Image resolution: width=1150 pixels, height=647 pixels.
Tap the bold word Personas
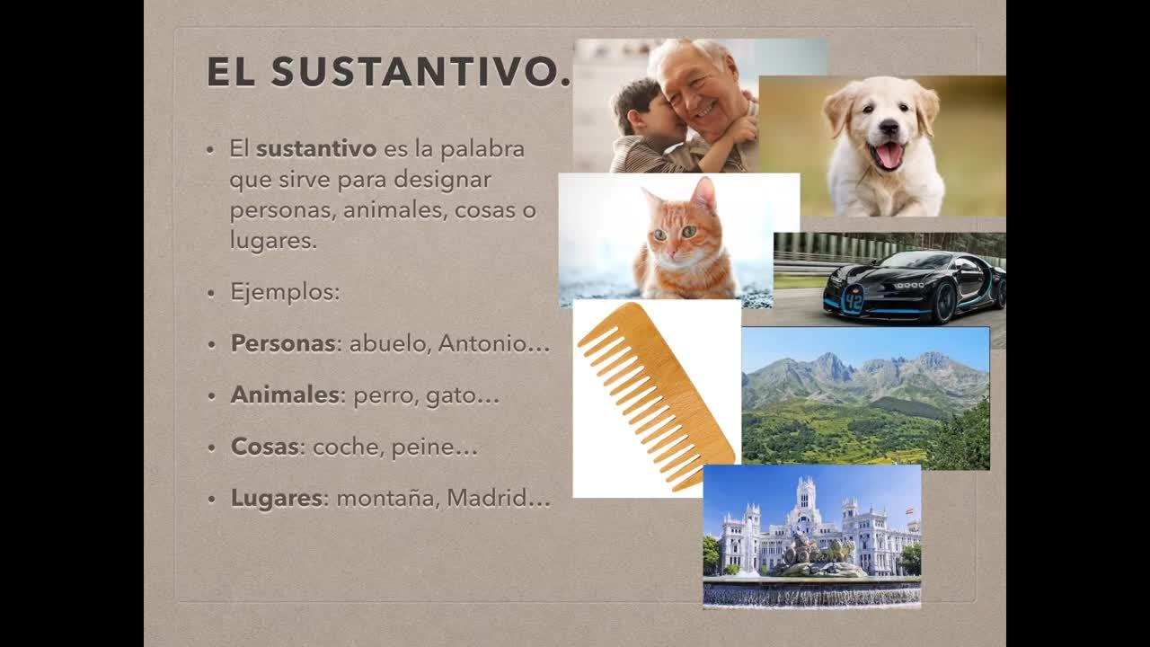pos(283,343)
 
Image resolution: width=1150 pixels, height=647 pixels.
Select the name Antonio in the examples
pos(482,343)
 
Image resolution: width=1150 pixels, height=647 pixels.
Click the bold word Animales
pos(285,394)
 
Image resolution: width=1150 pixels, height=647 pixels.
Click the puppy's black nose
pos(889,127)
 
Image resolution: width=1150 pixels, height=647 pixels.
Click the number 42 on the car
pos(853,300)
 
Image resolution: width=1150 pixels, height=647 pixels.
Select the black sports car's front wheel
pos(944,304)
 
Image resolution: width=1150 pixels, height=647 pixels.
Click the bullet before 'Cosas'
pos(211,448)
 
